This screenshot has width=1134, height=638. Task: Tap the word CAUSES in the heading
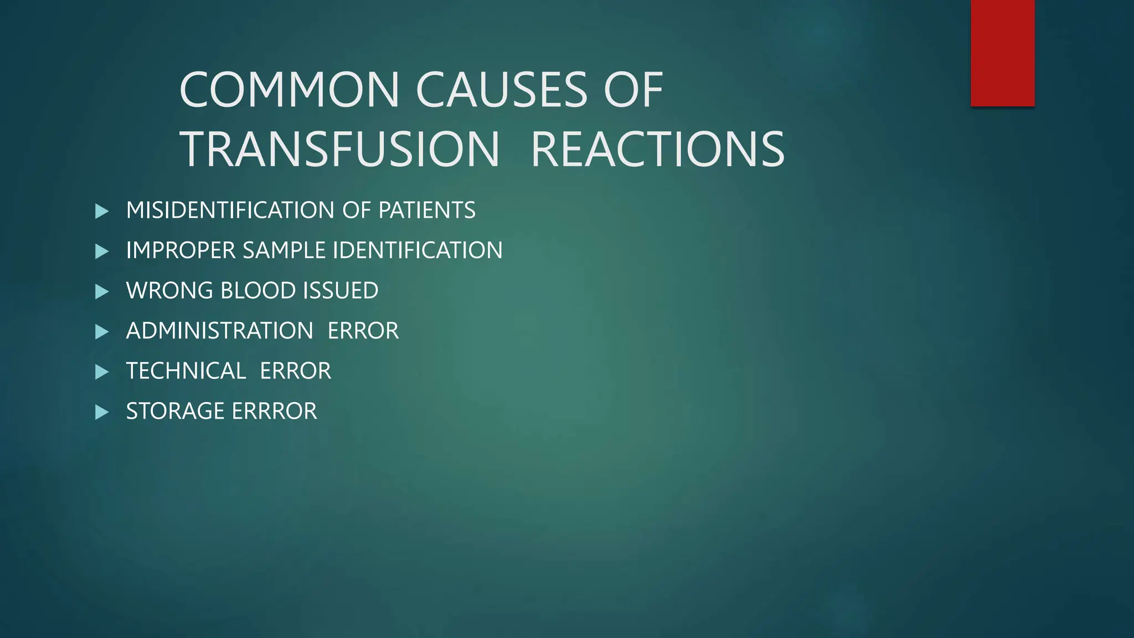coord(501,90)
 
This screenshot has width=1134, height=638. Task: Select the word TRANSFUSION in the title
coord(340,150)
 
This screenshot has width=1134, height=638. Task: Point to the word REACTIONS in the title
coord(657,150)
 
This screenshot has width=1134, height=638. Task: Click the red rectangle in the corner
coord(1002,53)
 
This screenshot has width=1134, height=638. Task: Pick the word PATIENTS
coord(426,210)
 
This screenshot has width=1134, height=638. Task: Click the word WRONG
coord(169,291)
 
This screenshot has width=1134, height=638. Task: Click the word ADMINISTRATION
coord(219,331)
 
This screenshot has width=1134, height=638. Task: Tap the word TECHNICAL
coord(185,371)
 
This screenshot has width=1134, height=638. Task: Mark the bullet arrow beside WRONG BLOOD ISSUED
coord(102,291)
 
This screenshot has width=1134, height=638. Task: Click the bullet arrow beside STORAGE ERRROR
coord(102,412)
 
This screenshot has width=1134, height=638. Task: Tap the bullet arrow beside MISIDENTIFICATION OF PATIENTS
coord(102,211)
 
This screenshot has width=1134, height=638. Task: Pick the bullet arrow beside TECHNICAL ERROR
coord(102,372)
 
